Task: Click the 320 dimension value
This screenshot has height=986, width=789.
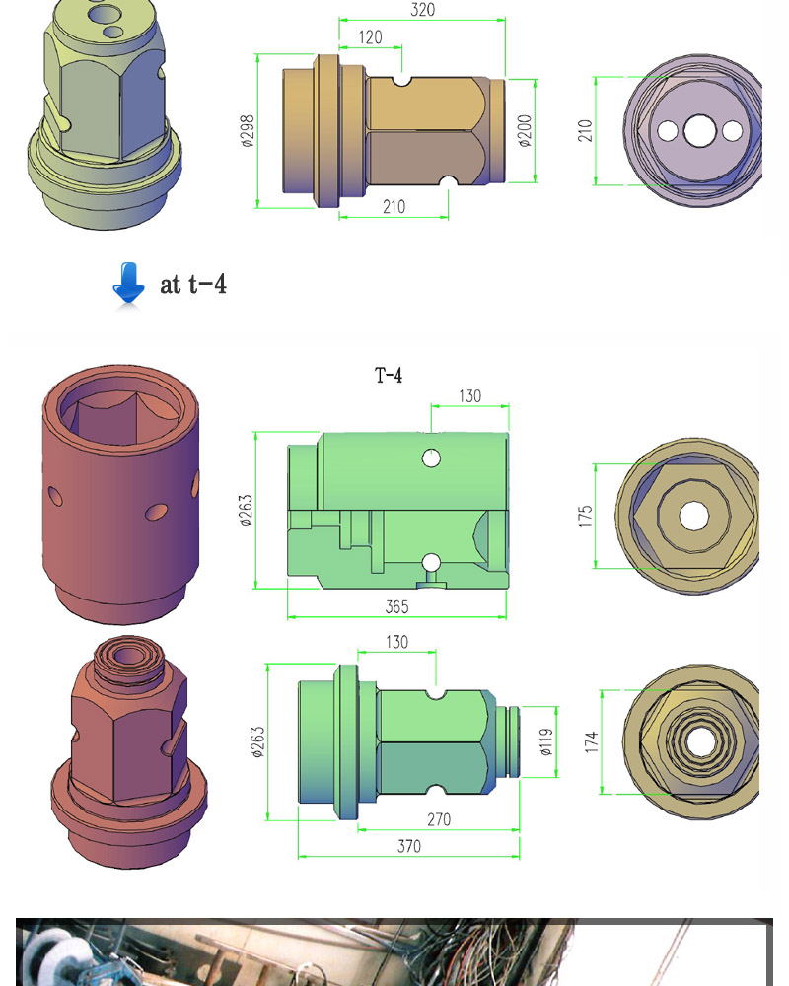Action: coord(422,10)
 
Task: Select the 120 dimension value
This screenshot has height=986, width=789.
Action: coord(370,37)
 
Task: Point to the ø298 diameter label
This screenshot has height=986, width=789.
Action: coord(247,130)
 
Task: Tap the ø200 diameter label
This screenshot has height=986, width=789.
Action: coord(525,130)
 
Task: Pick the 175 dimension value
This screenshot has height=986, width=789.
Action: coord(586,515)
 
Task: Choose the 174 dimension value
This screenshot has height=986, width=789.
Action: coord(592,741)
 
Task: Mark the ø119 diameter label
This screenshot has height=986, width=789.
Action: coord(545,741)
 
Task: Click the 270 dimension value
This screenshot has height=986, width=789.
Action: coord(438,819)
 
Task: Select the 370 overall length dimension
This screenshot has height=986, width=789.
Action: coord(408,846)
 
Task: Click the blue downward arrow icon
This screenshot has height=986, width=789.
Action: coord(128,285)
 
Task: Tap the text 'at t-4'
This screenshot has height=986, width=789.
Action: coord(193,285)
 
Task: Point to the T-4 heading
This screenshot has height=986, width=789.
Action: coord(389,375)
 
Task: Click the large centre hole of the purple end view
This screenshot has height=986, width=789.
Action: coord(700,130)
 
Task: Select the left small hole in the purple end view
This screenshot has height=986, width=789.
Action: coord(668,130)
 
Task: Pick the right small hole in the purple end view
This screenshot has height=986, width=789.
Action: coord(732,130)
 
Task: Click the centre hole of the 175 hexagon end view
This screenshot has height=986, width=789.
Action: coord(693,515)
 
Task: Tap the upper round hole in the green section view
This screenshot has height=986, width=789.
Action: coord(431,458)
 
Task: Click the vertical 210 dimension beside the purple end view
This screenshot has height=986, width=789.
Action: coord(585,130)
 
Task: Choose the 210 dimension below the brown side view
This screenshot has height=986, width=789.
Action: coord(394,207)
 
